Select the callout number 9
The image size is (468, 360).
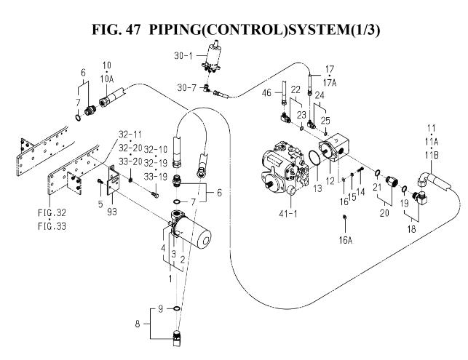pyautogui.click(x=161, y=308)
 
